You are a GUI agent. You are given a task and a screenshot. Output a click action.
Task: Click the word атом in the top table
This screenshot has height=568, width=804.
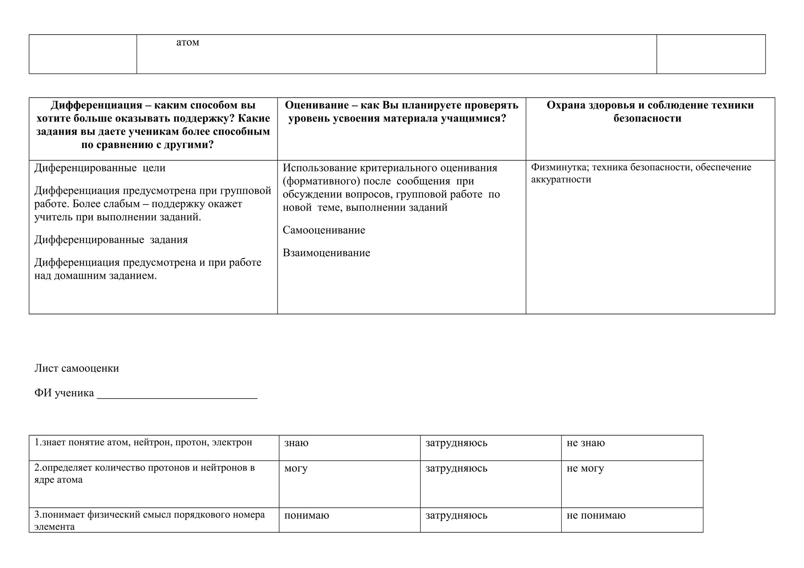click(187, 42)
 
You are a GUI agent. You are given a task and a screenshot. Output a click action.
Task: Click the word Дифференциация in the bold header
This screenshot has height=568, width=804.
click(96, 105)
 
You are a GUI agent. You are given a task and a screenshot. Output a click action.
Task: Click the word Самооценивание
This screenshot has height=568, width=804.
click(324, 230)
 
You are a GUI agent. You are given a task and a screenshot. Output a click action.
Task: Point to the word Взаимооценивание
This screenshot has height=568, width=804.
click(326, 253)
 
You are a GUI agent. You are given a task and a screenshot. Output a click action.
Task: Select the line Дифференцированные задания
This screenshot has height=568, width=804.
click(111, 240)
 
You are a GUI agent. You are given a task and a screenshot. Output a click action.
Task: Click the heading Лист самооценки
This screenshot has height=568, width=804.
click(77, 368)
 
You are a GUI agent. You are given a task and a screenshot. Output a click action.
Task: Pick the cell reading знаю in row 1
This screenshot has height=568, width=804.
click(296, 443)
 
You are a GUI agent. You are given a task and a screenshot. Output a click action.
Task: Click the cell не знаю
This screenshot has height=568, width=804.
click(585, 443)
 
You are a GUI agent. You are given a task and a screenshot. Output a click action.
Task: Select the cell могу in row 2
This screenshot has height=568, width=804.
click(296, 469)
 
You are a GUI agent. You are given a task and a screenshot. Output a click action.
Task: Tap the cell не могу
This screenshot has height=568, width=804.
click(585, 469)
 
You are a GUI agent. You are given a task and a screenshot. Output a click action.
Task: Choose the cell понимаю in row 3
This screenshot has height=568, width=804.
click(307, 515)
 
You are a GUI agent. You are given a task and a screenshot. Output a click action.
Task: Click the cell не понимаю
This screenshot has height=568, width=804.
click(596, 515)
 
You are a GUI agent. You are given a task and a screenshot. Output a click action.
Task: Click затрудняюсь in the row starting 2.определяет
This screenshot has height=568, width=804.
click(456, 469)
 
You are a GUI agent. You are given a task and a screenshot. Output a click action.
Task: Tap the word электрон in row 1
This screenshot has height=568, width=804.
click(232, 443)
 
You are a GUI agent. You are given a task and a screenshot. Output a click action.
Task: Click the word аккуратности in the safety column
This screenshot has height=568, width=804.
click(561, 180)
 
